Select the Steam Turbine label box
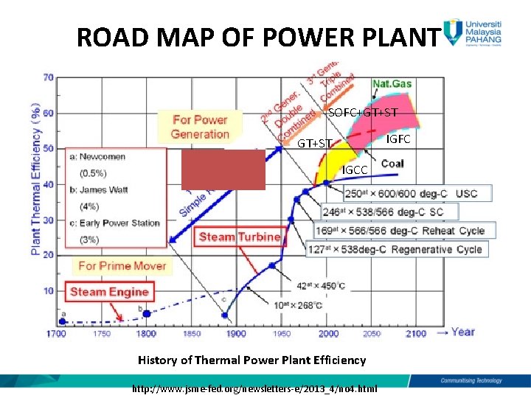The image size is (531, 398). (240, 237)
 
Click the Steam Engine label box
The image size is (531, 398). (109, 292)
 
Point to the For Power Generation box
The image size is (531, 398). (200, 127)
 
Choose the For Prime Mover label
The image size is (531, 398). (122, 265)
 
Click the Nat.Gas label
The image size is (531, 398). (392, 83)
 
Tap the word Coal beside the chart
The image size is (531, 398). (392, 164)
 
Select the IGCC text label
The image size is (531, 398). (354, 170)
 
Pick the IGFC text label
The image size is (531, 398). (398, 139)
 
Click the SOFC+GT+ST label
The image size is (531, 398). (363, 113)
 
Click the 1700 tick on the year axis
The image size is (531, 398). (56, 334)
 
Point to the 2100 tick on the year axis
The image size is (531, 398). (416, 334)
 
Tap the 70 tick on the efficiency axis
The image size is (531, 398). (48, 77)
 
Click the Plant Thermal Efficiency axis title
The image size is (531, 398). (35, 178)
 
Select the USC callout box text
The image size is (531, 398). (411, 194)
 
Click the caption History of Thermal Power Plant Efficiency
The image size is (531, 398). (251, 360)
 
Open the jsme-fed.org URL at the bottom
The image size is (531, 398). (254, 388)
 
